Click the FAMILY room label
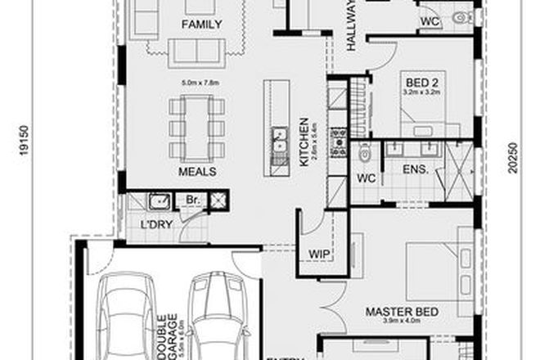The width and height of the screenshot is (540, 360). (x=202, y=25)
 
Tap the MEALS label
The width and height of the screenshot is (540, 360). (x=197, y=172)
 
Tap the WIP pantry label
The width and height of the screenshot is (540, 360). (x=318, y=254)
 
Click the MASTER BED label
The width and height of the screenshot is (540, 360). (x=402, y=312)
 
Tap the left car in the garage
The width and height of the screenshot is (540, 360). (x=128, y=315)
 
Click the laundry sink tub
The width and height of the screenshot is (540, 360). (x=158, y=200)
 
